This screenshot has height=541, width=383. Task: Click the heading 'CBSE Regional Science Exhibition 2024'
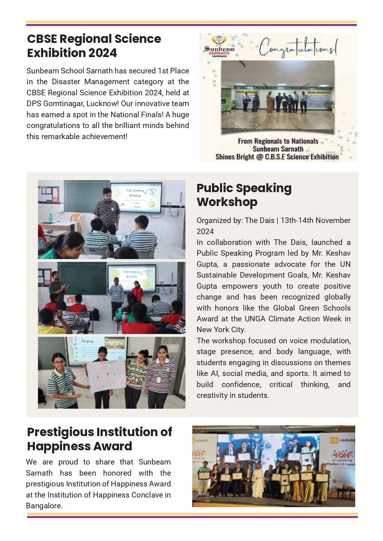coord(94,46)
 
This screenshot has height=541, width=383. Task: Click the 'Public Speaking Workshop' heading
coord(244,195)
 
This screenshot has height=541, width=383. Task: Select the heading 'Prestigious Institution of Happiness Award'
coord(99,439)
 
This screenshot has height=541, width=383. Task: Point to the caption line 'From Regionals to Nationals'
coord(278,141)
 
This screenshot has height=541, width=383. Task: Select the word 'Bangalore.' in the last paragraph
coord(44,506)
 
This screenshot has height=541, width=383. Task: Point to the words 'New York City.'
coord(221,330)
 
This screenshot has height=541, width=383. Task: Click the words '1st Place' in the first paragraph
coord(173,71)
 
